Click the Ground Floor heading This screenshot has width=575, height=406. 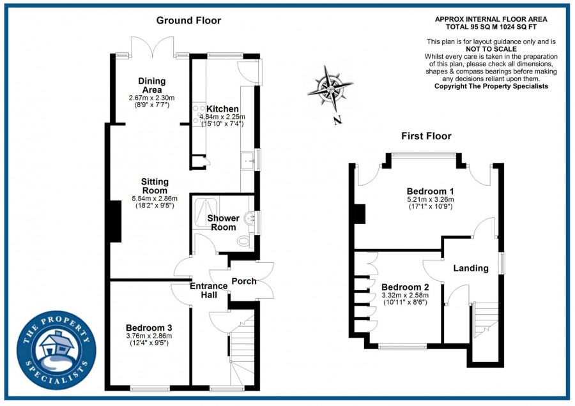click(x=189, y=20)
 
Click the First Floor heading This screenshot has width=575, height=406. click(x=426, y=136)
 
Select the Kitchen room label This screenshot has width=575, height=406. click(x=222, y=109)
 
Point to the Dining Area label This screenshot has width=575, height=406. click(x=152, y=86)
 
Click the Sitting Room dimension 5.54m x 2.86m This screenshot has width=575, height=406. click(x=154, y=198)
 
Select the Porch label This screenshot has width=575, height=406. click(x=243, y=282)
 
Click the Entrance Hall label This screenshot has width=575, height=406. click(x=208, y=290)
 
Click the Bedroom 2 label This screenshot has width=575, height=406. click(x=402, y=287)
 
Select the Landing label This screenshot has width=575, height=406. click(x=471, y=268)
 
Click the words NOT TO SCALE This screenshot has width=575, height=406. click(x=491, y=49)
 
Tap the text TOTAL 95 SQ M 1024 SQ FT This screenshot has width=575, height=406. click(x=491, y=27)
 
